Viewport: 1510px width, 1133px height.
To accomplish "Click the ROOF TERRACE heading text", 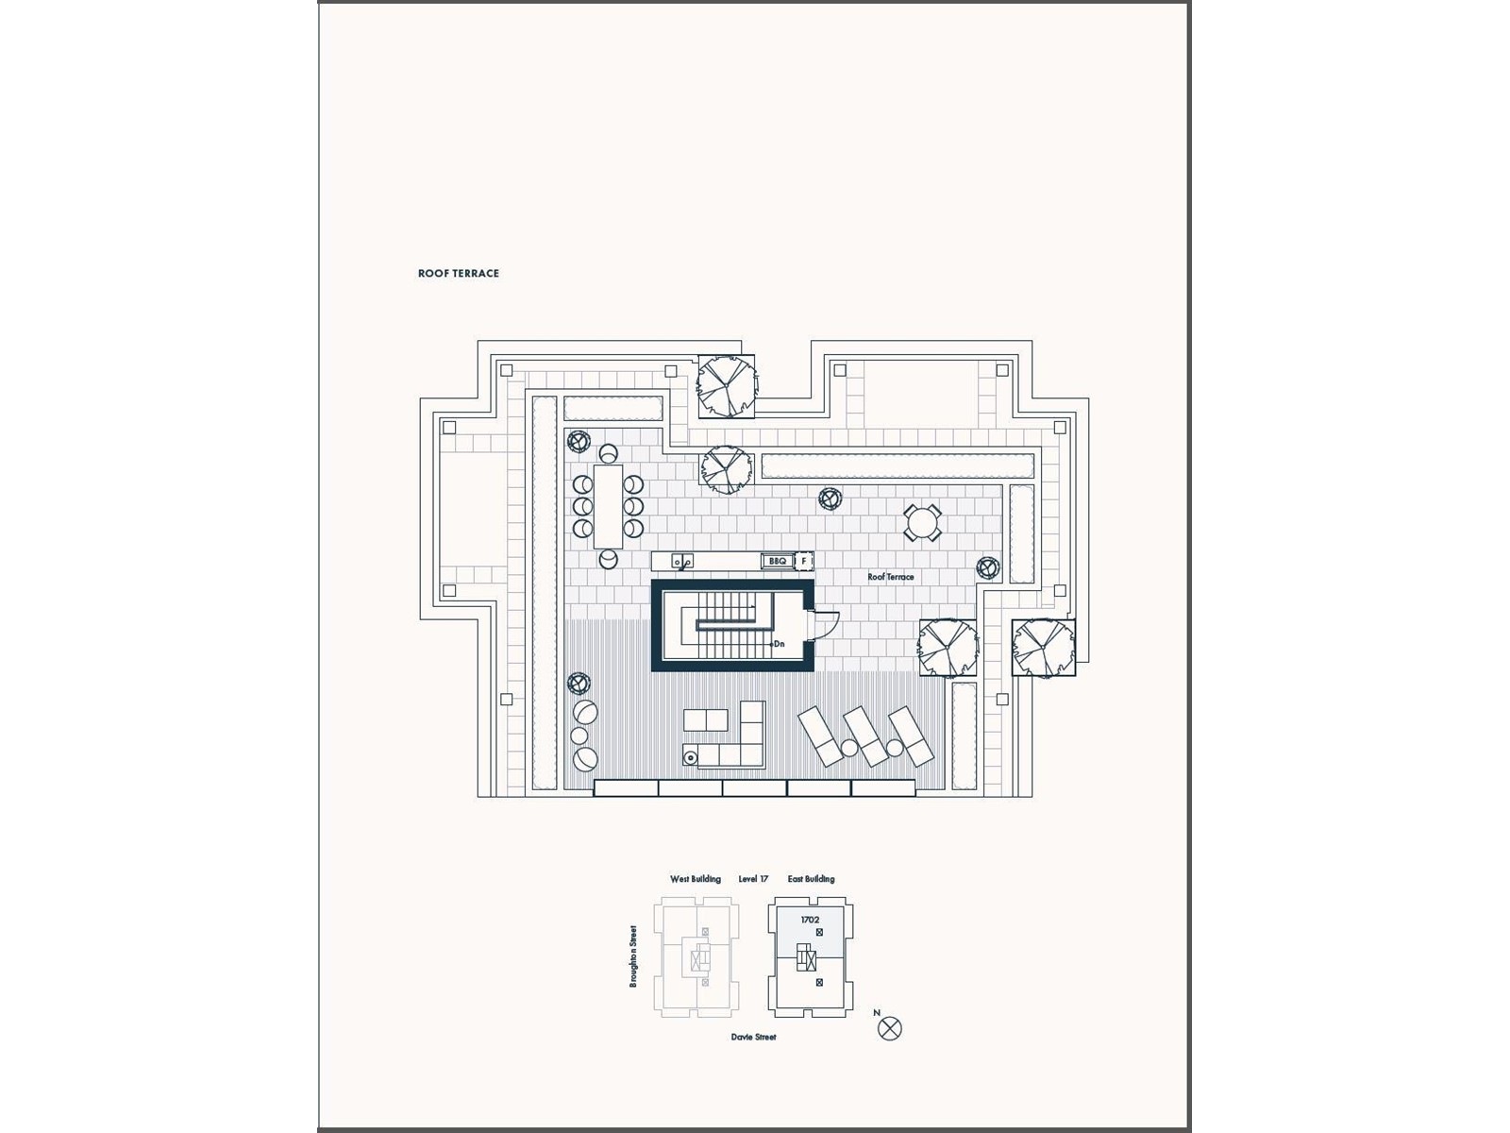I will (459, 274).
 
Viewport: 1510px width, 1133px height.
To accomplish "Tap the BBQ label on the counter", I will (777, 562).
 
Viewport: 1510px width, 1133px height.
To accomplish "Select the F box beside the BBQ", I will (804, 562).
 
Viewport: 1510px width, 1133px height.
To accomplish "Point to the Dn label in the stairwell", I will (780, 644).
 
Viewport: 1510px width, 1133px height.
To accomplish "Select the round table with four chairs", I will (922, 522).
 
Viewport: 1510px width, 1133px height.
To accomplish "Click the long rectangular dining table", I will (608, 506).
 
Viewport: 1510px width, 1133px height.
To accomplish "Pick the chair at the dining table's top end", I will (608, 454).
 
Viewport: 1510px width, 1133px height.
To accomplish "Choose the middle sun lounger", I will (866, 736).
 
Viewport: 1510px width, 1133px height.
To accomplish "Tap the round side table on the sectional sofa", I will (691, 757).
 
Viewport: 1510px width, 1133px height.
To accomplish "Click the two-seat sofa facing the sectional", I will (706, 720).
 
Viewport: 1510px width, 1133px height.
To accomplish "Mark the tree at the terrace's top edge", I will (727, 385).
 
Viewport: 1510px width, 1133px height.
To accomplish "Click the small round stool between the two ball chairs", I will (579, 736).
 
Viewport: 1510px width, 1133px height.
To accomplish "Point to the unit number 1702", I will (810, 920).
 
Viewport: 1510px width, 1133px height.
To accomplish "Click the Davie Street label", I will (753, 1037).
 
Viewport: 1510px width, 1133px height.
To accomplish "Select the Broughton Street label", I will (634, 956).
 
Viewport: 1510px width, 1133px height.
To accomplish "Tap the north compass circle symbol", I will (890, 1028).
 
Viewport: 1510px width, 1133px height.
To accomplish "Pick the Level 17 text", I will (753, 879).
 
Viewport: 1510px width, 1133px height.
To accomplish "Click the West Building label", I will (696, 879).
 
